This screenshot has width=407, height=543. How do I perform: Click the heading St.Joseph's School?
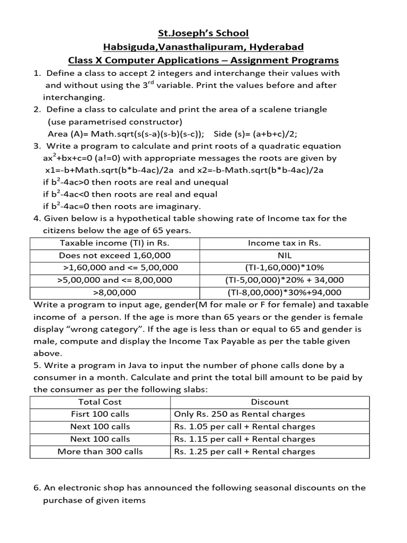point(203,33)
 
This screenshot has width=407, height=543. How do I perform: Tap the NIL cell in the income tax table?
point(285,256)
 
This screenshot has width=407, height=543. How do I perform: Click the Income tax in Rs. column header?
point(285,243)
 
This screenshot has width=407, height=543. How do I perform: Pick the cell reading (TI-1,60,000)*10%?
point(285,268)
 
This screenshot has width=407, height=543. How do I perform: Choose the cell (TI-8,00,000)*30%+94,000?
point(285,292)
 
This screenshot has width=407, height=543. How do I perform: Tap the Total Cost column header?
point(100,402)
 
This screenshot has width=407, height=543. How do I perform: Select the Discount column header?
point(270,402)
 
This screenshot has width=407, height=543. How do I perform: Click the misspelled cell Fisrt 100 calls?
point(100,414)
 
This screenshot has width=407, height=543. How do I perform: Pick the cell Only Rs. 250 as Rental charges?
point(240,414)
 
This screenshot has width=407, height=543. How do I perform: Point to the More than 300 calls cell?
point(100,452)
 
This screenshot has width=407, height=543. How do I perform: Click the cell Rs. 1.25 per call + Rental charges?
point(244,452)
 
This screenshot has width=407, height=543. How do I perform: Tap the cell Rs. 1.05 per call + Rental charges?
point(244,427)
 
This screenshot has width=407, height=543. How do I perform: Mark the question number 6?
point(37,488)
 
